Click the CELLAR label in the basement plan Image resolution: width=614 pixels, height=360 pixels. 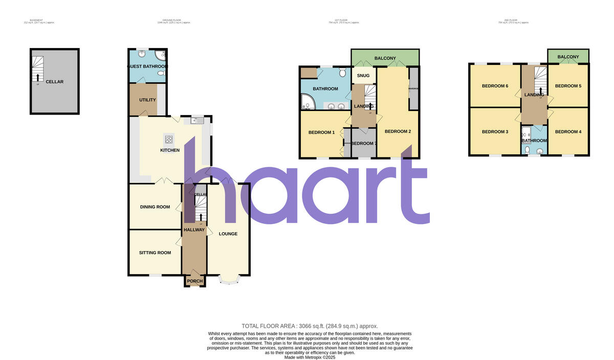click(54, 82)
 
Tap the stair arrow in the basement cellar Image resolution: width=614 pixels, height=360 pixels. click(37, 77)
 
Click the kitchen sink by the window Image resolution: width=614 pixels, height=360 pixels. click(197, 121)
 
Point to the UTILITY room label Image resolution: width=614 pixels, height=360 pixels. click(147, 100)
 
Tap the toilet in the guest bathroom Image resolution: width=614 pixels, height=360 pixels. click(161, 74)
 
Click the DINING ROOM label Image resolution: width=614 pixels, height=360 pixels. click(155, 207)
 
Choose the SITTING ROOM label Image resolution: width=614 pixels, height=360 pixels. click(155, 253)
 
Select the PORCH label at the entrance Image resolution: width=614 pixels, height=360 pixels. click(195, 281)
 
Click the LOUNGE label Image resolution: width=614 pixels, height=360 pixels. click(228, 234)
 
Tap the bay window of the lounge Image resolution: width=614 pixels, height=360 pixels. click(229, 279)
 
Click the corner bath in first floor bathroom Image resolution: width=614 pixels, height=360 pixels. click(309, 103)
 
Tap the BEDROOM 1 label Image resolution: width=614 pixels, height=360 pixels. click(321, 132)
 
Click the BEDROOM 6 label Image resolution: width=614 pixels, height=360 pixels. click(495, 86)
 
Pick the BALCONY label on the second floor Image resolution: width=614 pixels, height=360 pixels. click(568, 57)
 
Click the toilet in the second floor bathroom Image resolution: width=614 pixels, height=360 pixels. click(527, 150)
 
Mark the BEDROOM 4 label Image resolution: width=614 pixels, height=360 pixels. click(568, 132)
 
